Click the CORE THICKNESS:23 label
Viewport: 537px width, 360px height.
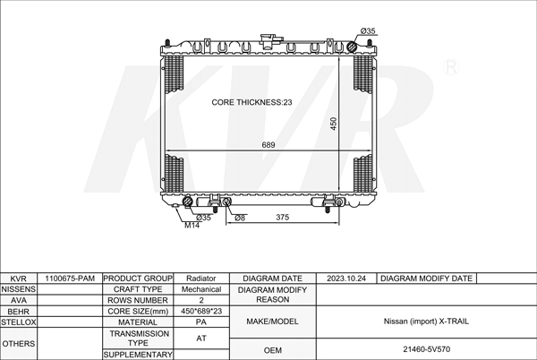(251, 102)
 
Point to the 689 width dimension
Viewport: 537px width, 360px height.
(268, 145)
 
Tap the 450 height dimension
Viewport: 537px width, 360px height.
(334, 124)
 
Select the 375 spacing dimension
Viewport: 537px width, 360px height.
(283, 218)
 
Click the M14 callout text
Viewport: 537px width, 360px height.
(192, 226)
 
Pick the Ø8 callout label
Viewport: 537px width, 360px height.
(240, 218)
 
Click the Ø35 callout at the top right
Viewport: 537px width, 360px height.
(368, 30)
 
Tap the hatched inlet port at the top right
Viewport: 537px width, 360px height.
(352, 47)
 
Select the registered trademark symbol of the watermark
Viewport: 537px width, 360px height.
(451, 67)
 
